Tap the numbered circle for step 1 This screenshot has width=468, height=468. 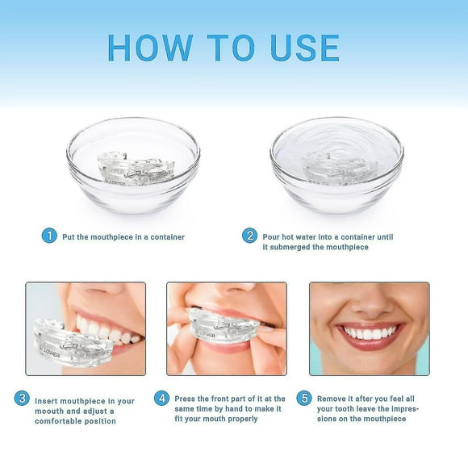tap(50, 236)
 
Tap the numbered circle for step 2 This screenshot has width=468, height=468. tap(250, 236)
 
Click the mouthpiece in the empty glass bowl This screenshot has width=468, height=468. tap(132, 166)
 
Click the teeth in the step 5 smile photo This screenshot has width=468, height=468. tap(369, 332)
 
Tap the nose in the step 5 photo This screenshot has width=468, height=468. tap(369, 303)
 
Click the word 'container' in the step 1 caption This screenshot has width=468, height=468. tap(164, 237)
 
